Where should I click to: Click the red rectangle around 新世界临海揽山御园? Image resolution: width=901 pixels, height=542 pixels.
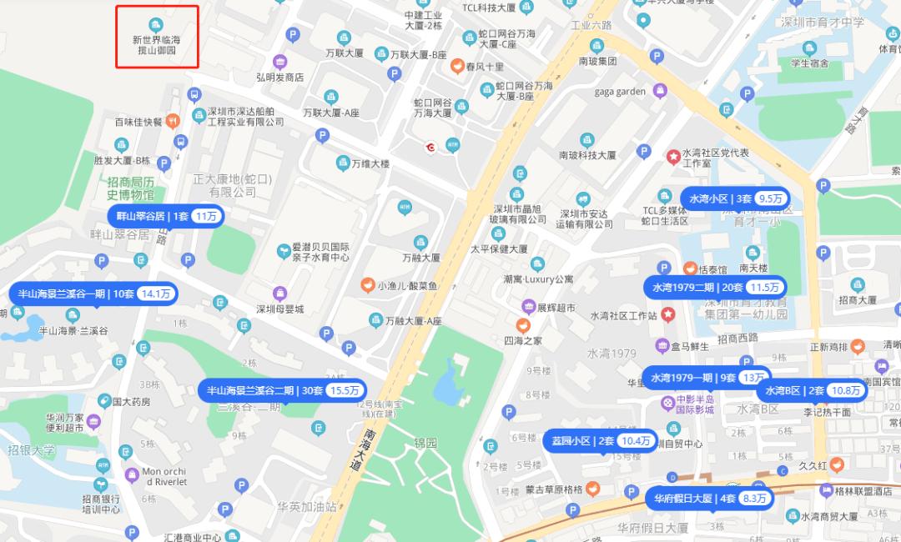coord(157,37)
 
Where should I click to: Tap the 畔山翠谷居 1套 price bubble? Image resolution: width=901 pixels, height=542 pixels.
coord(166,216)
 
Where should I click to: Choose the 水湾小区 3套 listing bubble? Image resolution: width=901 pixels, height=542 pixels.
coord(735,198)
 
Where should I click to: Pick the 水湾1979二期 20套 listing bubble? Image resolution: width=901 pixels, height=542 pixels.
coord(715,287)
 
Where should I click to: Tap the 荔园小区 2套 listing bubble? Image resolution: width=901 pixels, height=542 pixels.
coord(599,440)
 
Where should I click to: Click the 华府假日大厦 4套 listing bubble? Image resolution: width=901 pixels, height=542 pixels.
coord(709,499)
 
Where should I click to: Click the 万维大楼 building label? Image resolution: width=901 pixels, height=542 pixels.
coord(370,163)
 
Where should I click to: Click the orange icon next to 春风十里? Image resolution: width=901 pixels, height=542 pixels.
coord(457,66)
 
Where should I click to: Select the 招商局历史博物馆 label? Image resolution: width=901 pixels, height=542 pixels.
coord(131,188)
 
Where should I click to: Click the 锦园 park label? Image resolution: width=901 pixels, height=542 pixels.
coord(425,443)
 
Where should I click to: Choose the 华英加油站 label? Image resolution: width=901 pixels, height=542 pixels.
coord(307,506)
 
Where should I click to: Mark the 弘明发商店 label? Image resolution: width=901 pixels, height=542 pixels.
coord(279,78)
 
